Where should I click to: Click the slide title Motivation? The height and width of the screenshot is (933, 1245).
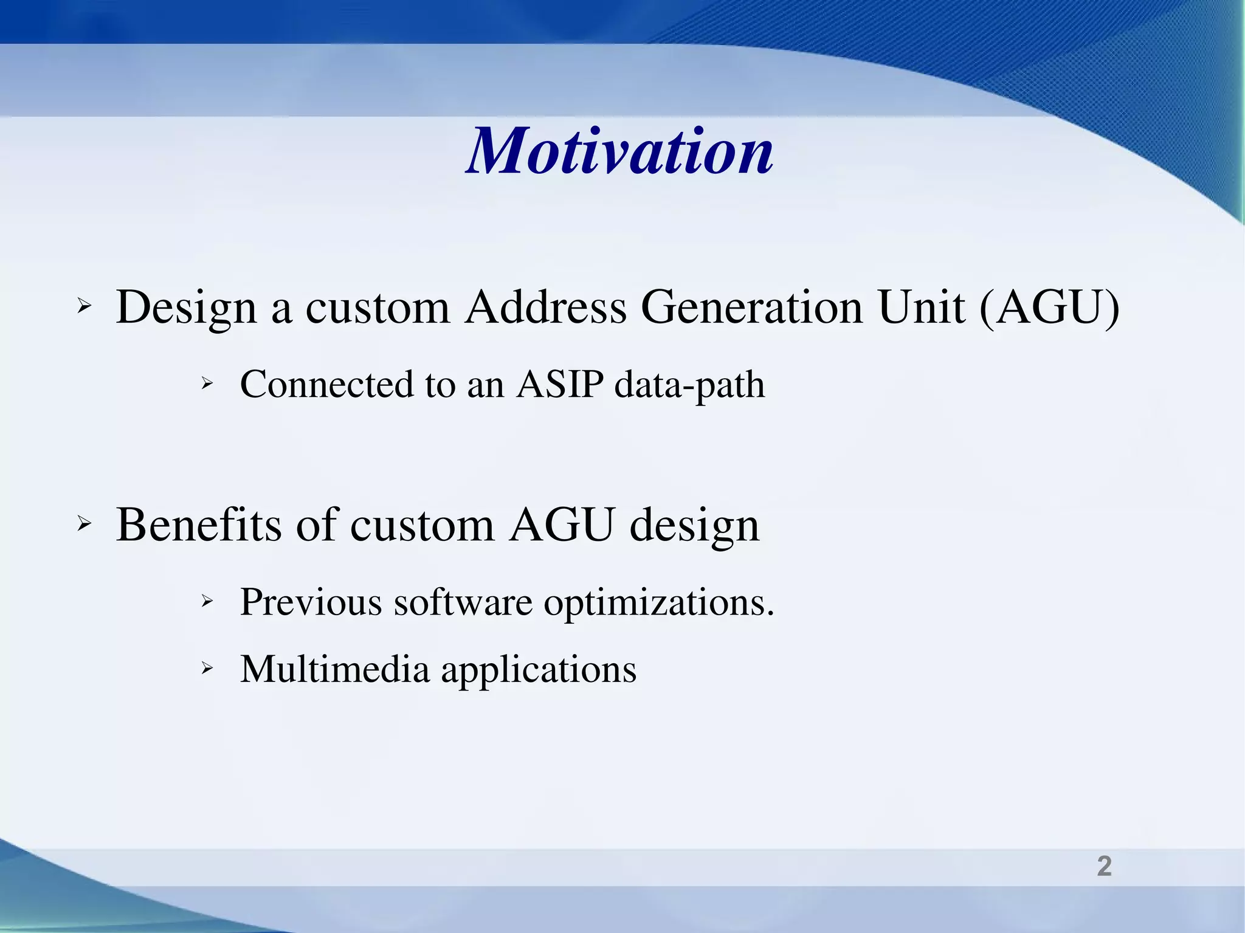[x=619, y=151]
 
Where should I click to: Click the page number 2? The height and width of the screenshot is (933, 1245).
[x=1104, y=866]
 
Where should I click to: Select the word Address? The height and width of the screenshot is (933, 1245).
[x=545, y=307]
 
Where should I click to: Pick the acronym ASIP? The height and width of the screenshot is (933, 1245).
[x=560, y=384]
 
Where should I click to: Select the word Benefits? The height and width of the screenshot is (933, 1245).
[x=199, y=525]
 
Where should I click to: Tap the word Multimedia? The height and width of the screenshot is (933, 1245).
[x=335, y=669]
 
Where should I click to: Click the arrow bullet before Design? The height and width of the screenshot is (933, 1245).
[x=84, y=307]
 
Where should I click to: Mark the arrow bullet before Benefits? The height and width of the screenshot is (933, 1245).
[x=84, y=524]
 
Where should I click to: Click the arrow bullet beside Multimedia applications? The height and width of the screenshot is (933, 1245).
[x=207, y=669]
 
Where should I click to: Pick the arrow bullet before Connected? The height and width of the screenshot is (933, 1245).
[x=207, y=384]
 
